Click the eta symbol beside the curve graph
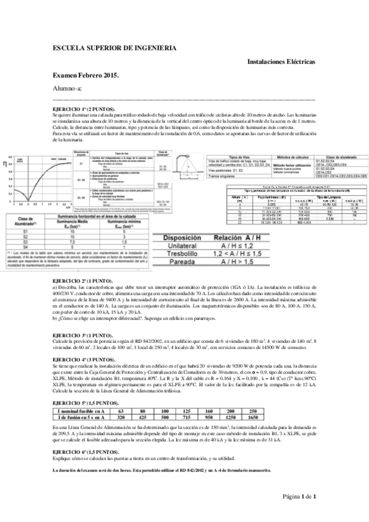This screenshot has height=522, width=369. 6,163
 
